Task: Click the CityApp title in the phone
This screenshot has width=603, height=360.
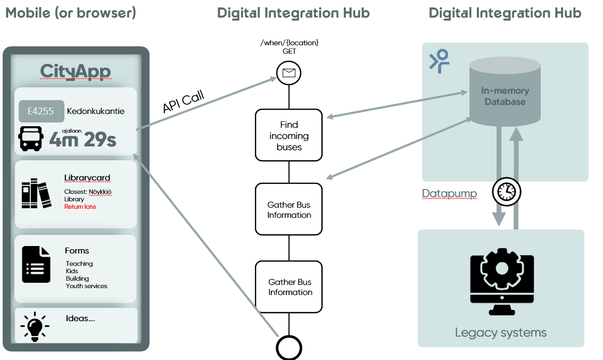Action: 76,72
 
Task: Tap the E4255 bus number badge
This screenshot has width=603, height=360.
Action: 42,111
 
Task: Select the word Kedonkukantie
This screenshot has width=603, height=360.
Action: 96,111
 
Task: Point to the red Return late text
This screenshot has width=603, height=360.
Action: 80,207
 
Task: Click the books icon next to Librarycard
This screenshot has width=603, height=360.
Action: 36,194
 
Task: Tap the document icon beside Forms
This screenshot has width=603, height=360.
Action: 36,264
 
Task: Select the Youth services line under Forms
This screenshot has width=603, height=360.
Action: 87,286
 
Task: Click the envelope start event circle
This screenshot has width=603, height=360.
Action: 289,73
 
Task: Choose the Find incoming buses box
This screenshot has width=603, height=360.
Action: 289,135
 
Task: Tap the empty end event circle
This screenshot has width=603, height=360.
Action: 289,348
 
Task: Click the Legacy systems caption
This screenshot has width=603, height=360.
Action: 501,333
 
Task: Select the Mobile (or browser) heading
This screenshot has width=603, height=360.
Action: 71,13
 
